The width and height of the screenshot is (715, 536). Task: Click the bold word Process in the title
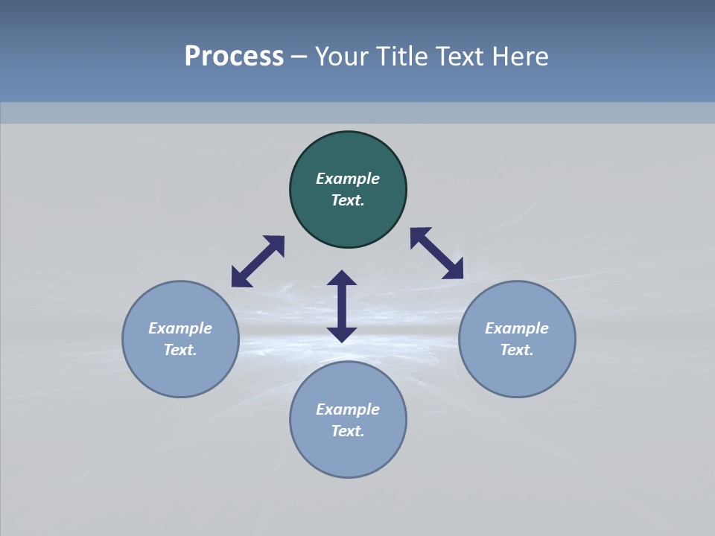click(x=234, y=57)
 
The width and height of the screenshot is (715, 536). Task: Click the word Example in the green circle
click(x=348, y=179)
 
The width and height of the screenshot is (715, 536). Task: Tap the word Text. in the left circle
click(x=180, y=350)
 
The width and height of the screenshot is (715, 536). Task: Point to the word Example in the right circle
click(x=517, y=328)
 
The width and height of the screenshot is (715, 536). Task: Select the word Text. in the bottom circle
click(x=348, y=431)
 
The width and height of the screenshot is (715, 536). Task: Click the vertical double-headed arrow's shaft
click(x=342, y=306)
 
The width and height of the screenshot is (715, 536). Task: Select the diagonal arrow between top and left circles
click(x=258, y=261)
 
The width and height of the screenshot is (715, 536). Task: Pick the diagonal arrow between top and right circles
click(x=437, y=253)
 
